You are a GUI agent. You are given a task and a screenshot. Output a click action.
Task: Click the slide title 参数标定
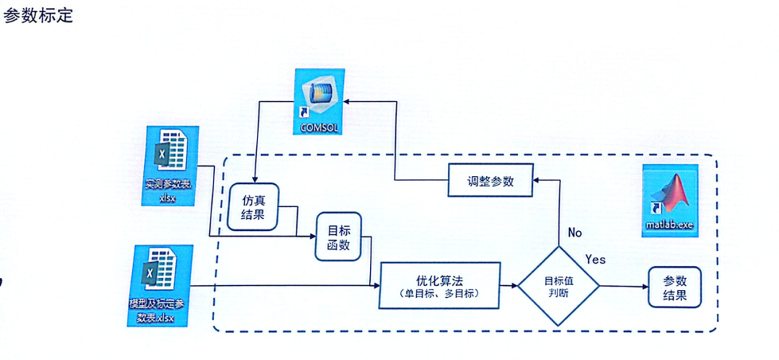pyautogui.click(x=38, y=15)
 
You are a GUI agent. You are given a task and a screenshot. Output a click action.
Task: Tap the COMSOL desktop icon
pyautogui.click(x=318, y=101)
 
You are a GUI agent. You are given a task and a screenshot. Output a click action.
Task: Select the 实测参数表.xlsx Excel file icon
pyautogui.click(x=167, y=166)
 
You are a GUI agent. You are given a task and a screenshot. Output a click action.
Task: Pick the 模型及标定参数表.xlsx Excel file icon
pyautogui.click(x=160, y=285)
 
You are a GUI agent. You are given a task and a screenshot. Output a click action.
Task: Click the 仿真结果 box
pyautogui.click(x=253, y=207)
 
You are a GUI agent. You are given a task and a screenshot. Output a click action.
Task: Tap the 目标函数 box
pyautogui.click(x=338, y=239)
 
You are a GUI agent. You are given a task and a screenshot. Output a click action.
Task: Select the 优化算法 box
pyautogui.click(x=439, y=286)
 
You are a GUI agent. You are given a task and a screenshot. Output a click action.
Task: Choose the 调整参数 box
pyautogui.click(x=490, y=181)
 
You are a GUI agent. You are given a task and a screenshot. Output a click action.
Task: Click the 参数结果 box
pyautogui.click(x=675, y=286)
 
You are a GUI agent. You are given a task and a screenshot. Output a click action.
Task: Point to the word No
pyautogui.click(x=574, y=233)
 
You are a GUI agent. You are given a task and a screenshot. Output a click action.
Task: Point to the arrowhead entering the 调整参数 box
pyautogui.click(x=538, y=181)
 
